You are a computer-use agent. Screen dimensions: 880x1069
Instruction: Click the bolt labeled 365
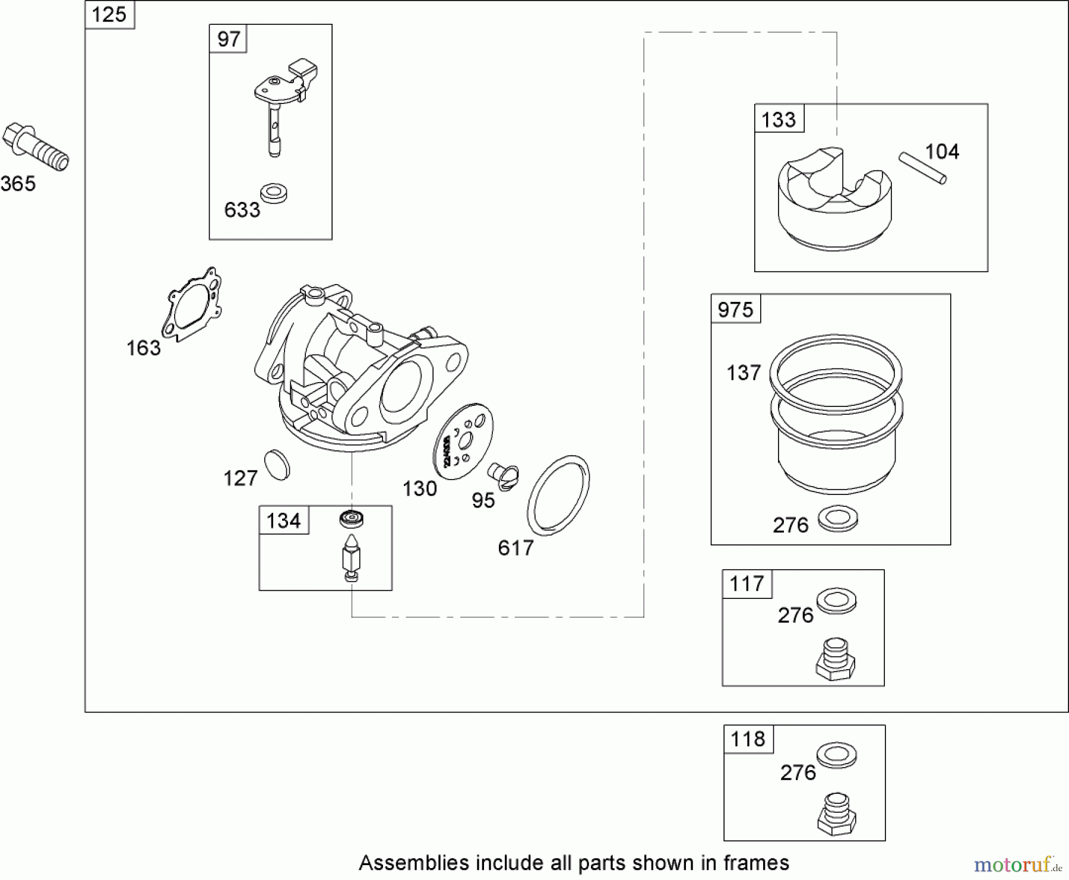tap(36, 147)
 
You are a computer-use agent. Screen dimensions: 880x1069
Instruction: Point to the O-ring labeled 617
tap(558, 495)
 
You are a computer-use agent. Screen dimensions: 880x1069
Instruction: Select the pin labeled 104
tap(922, 168)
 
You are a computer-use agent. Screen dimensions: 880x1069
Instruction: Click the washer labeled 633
tap(274, 194)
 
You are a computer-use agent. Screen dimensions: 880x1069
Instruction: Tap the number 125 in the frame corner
tap(109, 14)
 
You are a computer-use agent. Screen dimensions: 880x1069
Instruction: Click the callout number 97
tap(228, 39)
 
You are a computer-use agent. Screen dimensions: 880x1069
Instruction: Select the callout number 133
tap(778, 119)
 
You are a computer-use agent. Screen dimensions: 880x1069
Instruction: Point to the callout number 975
tap(735, 310)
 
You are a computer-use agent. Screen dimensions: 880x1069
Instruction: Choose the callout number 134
tap(283, 521)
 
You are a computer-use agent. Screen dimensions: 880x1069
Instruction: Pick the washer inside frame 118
tap(837, 755)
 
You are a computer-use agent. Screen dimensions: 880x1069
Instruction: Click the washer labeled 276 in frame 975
tap(838, 519)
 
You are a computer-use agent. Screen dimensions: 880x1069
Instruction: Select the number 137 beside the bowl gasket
tap(744, 373)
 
